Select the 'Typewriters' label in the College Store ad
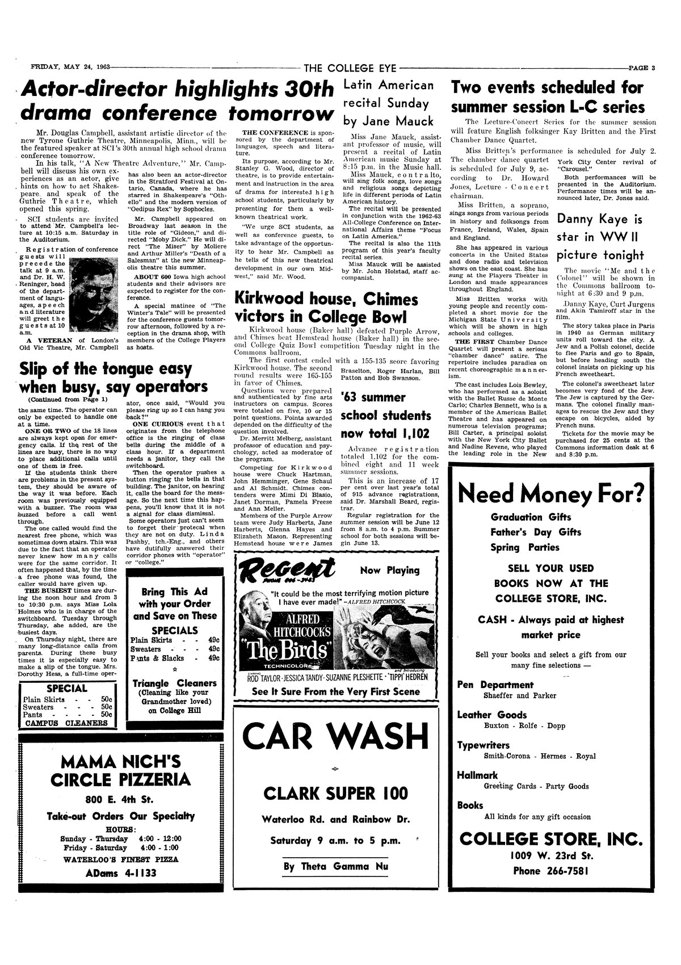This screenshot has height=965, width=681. (x=483, y=745)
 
